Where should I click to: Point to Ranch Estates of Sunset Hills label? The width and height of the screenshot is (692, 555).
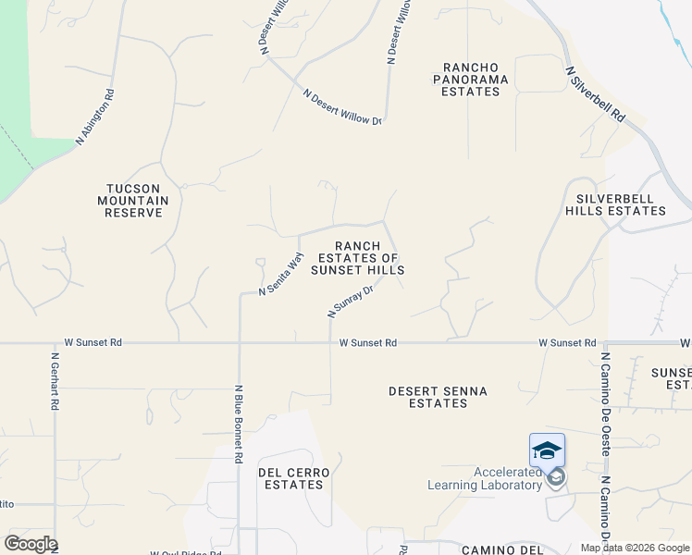pyautogui.click(x=357, y=258)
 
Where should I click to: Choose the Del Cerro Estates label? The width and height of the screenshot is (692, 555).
pyautogui.click(x=292, y=478)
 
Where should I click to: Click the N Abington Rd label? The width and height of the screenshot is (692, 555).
pyautogui.click(x=95, y=117)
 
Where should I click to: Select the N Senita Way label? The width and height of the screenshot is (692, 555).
pyautogui.click(x=281, y=275)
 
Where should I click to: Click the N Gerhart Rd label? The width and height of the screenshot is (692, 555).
pyautogui.click(x=56, y=381)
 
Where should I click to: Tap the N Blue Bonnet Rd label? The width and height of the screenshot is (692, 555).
pyautogui.click(x=239, y=424)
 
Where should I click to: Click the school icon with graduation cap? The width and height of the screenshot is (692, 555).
pyautogui.click(x=547, y=450)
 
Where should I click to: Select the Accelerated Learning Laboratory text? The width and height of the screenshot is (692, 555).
pyautogui.click(x=484, y=478)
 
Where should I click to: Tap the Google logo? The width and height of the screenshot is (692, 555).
pyautogui.click(x=31, y=544)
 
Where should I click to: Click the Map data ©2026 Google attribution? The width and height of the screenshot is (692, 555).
pyautogui.click(x=635, y=548)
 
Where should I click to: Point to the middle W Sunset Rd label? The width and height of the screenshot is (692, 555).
pyautogui.click(x=368, y=342)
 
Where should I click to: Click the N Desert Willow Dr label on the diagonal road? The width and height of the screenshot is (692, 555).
pyautogui.click(x=343, y=107)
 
